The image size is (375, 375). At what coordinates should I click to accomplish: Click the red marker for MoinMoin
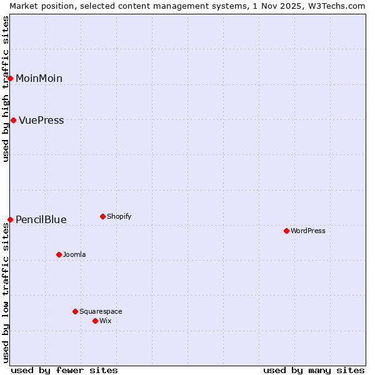tap(10, 78)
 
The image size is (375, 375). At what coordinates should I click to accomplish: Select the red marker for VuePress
tap(13, 120)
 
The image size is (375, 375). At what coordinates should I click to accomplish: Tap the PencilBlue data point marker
tap(10, 219)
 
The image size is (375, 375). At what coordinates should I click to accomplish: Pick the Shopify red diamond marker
tap(102, 216)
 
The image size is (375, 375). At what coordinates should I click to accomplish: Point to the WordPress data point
tap(286, 231)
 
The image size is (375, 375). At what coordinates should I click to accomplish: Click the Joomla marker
tap(59, 254)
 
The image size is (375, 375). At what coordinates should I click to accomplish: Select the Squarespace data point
tap(75, 311)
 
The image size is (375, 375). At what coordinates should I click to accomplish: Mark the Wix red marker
tap(95, 321)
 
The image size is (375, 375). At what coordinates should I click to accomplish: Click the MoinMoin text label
tap(39, 78)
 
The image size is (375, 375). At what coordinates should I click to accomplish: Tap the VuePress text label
tap(41, 120)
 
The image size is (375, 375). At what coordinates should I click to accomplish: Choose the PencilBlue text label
tap(41, 219)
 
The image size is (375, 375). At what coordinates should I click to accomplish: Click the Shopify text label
tap(119, 216)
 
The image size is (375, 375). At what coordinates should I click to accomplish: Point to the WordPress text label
tap(308, 231)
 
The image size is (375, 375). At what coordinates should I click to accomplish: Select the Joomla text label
tap(74, 254)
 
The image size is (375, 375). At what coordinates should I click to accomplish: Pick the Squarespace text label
tap(101, 311)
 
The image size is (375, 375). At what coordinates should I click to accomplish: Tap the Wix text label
tap(105, 321)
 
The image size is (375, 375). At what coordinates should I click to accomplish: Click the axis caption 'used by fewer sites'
tap(64, 370)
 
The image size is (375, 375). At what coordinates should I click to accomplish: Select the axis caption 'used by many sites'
tap(314, 370)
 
